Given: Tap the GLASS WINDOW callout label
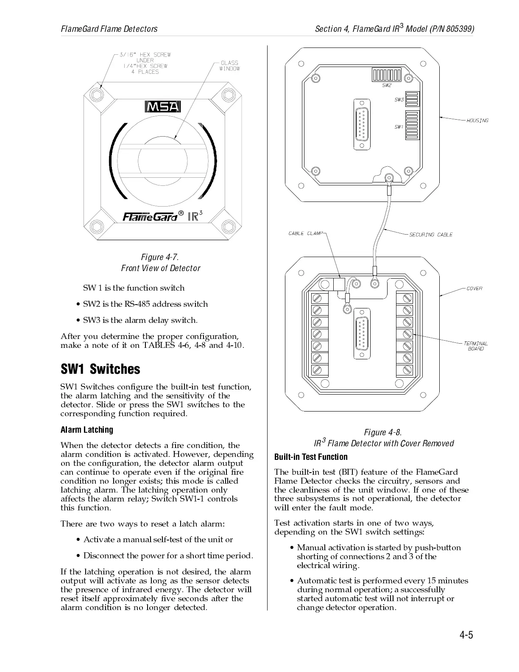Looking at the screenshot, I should point(229,66).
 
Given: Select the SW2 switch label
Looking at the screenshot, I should point(387,85).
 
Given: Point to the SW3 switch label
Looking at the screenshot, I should point(399,100).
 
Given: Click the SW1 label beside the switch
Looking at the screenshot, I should point(399,126).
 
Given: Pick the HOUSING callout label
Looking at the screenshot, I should point(477,120).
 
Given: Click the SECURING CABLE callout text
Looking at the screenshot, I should point(431,235).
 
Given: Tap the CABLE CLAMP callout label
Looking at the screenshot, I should point(305,233).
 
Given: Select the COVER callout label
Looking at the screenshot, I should point(474,288).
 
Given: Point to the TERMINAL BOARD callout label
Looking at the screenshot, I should point(476,346).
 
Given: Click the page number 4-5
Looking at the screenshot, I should point(466,635).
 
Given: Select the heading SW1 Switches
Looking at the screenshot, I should point(100,369).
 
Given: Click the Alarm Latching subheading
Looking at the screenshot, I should point(87,430).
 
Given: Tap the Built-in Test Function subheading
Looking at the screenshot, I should point(311,457).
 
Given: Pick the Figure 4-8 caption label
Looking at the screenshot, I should point(383,432).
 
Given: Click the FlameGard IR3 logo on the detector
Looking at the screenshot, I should point(163,216).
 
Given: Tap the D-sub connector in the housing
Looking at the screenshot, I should point(362,124).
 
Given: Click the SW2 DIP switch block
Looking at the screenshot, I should point(386,75).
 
